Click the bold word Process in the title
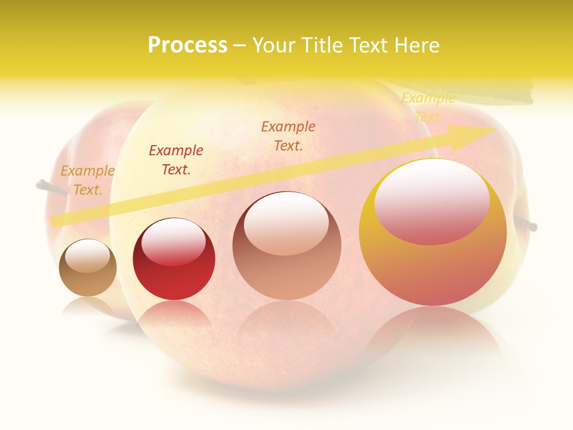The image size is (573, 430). [x=187, y=45]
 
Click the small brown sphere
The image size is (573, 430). [x=88, y=281]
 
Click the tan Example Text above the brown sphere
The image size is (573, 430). [x=87, y=180]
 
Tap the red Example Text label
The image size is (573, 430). [x=176, y=160]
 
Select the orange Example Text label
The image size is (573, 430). [x=288, y=136]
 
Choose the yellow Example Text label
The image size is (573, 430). [x=429, y=107]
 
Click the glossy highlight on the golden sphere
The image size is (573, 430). [x=432, y=200]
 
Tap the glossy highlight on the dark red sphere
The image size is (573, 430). [x=173, y=241]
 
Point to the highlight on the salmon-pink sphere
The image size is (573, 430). [x=286, y=222]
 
